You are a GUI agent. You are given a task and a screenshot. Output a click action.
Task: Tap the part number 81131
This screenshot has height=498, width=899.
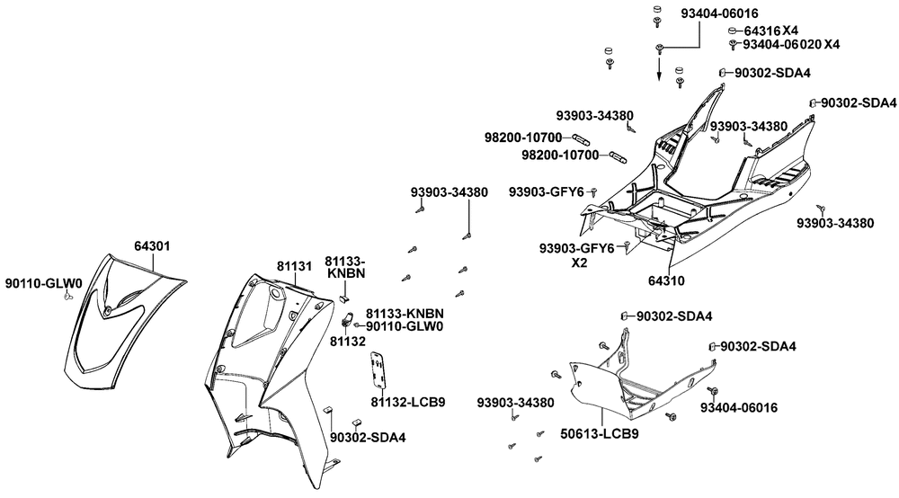[294, 266]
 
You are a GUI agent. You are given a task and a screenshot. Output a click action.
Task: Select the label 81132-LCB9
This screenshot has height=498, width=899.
[408, 401]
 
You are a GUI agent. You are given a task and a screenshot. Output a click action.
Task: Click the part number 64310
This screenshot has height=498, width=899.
[666, 280]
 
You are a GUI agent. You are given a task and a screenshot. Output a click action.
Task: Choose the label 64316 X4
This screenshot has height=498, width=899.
[775, 31]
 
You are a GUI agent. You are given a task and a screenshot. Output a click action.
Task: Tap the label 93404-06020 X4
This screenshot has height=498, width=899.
[791, 44]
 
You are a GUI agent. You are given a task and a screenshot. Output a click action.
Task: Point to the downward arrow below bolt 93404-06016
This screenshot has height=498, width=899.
[659, 70]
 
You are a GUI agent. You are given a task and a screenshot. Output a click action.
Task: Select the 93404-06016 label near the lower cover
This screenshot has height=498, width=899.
[738, 407]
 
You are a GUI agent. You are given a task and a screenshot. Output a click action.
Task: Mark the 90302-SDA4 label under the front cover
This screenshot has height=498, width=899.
[368, 438]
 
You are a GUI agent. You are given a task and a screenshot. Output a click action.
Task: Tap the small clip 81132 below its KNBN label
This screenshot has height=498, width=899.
[345, 319]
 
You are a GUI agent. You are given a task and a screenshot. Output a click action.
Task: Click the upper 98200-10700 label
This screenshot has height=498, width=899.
[522, 137]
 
